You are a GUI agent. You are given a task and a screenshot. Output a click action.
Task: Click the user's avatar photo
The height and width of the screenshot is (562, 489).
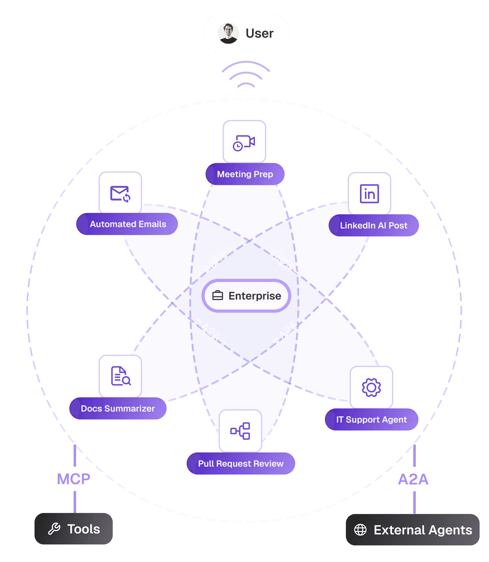coord(228,33)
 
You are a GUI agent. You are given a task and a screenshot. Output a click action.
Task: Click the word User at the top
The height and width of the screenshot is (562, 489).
coord(259,33)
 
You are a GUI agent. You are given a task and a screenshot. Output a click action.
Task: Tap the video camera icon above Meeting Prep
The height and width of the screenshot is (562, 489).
coord(244,143)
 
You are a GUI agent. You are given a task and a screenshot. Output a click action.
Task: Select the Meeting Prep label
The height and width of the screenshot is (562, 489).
coord(245,174)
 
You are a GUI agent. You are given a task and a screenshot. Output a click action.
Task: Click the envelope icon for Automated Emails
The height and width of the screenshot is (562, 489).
coord(120,194)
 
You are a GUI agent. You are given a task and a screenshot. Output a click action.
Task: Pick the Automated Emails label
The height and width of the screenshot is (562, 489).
coord(128,224)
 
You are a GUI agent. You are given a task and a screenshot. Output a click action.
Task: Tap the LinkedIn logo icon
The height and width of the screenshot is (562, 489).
coord(369,194)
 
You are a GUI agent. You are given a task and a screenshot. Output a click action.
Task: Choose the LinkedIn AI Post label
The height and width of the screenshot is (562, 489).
coord(373,225)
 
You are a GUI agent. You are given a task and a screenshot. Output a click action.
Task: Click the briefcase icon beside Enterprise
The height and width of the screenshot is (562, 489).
coord(218,296)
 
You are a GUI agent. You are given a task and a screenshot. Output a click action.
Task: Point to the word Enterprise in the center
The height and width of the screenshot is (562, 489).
coord(255,296)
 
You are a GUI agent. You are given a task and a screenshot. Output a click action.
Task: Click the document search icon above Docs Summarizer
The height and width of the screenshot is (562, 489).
coord(121,376)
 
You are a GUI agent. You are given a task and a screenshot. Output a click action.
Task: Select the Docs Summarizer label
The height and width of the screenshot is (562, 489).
coord(118,408)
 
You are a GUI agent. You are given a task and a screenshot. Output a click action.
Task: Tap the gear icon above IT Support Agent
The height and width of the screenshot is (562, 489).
coord(371,387)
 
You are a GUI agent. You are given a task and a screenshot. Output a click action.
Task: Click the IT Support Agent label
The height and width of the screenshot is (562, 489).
coord(371,420)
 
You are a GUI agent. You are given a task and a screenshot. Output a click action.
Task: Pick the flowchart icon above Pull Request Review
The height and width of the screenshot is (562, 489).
coord(240,431)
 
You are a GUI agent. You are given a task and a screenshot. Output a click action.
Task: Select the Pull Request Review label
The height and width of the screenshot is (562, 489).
coord(241,464)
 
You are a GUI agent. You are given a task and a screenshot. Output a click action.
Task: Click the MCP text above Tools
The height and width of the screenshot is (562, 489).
coord(73,479)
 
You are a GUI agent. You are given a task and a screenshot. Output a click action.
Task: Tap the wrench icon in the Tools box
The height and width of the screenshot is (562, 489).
coord(54,529)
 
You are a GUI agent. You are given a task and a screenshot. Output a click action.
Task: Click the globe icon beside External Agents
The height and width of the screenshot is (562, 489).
coord(360,530)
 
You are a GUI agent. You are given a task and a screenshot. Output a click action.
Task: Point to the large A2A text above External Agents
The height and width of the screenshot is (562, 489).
coord(413,479)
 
